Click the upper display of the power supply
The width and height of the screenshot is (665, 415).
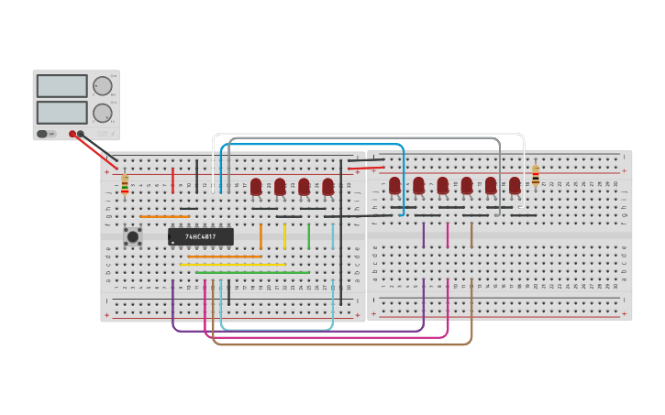point(61,86)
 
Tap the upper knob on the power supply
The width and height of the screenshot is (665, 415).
point(102,86)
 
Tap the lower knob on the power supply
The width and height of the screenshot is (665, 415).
point(102,114)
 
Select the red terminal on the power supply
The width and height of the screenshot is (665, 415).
point(72,134)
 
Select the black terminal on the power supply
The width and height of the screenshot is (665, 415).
point(81,134)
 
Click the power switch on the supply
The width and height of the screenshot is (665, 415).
point(42,134)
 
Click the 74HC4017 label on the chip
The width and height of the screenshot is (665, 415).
point(200,236)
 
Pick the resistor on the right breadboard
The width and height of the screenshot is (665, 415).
point(536,175)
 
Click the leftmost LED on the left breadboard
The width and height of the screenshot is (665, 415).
point(256,187)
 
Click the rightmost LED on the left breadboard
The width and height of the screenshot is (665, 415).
point(327,187)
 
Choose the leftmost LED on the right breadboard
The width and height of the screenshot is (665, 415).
point(394,186)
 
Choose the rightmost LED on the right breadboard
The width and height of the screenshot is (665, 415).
point(515,186)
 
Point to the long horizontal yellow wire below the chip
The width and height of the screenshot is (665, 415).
point(233,265)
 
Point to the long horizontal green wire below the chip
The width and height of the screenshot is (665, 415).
point(252,272)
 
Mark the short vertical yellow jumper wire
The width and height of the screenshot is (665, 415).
point(284,236)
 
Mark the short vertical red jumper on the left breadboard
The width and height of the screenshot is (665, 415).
point(172,180)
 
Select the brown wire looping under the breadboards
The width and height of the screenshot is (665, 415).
point(349,344)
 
